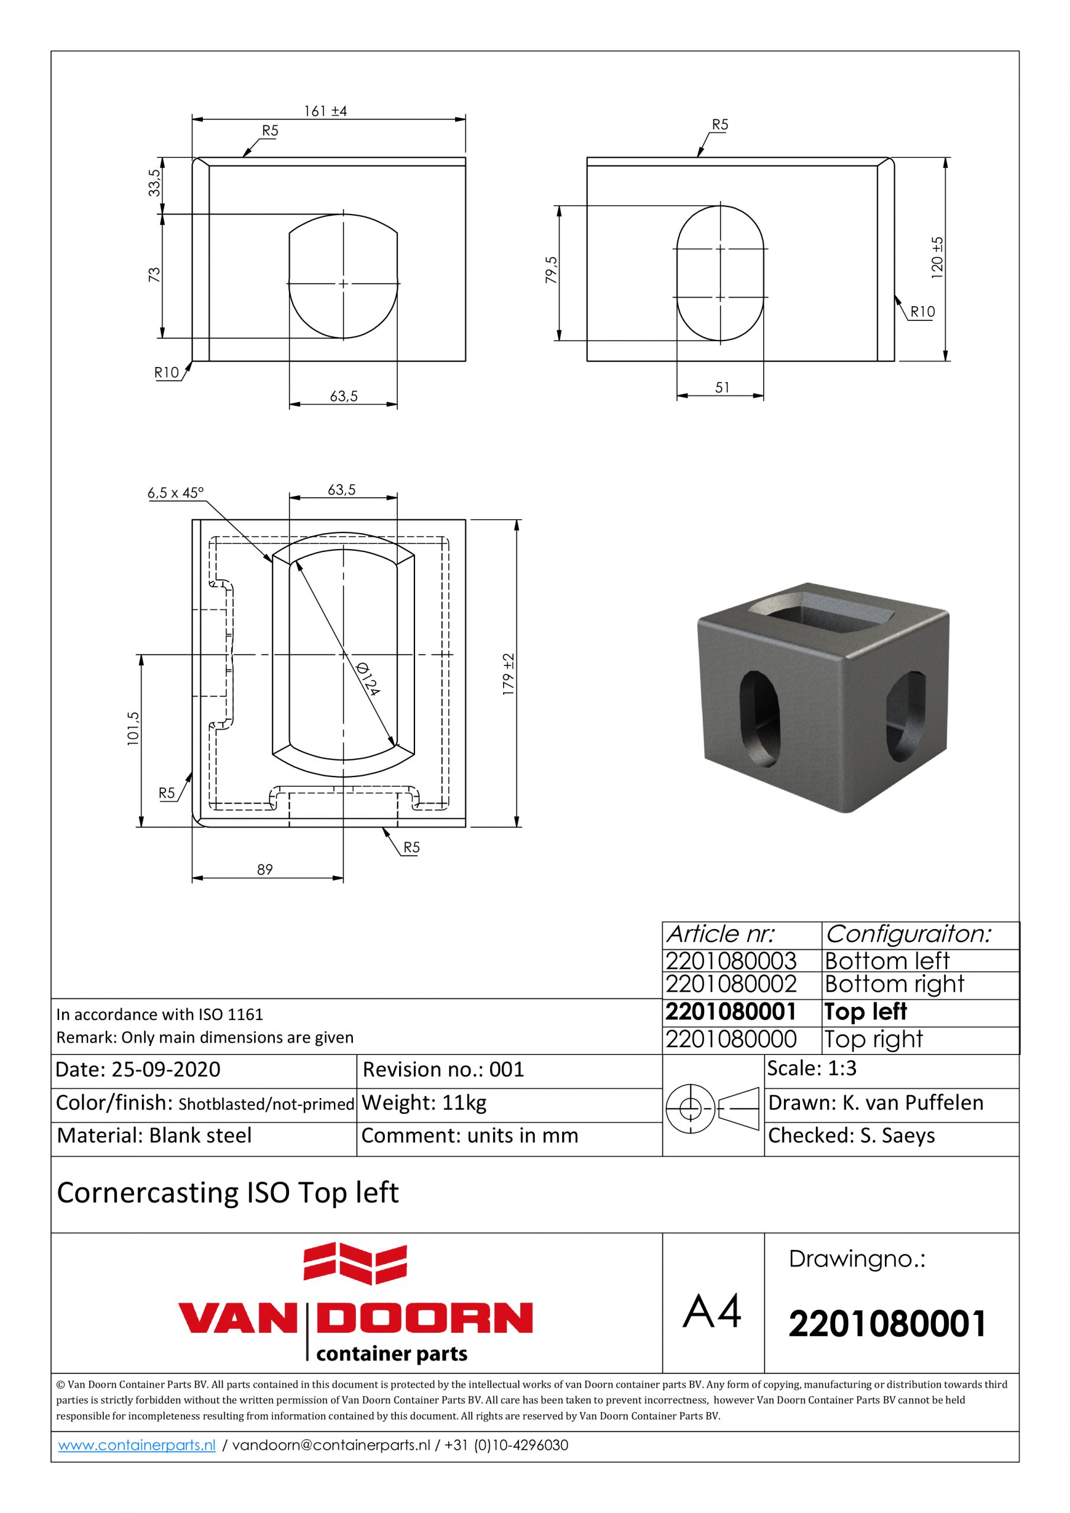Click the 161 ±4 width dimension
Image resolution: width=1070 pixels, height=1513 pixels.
(x=325, y=111)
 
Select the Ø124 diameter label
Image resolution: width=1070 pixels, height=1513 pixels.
(x=367, y=680)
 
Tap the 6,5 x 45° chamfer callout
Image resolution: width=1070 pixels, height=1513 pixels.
(x=176, y=493)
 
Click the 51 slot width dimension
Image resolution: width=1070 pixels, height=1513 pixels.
(x=722, y=388)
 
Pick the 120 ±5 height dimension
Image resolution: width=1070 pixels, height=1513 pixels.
(x=937, y=258)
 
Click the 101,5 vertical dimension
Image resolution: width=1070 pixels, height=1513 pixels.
(x=132, y=728)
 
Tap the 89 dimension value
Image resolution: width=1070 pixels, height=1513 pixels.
(x=264, y=870)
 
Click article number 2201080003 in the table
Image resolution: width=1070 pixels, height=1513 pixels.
(x=731, y=960)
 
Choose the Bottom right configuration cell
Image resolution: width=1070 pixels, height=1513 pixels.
(x=894, y=984)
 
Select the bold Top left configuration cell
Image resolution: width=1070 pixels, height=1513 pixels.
(x=865, y=1011)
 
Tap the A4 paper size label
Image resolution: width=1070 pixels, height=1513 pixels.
(x=711, y=1312)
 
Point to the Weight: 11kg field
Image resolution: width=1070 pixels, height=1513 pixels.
(x=424, y=1102)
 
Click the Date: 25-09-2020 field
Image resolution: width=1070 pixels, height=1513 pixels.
(x=138, y=1069)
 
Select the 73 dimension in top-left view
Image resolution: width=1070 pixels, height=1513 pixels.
(x=154, y=275)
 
